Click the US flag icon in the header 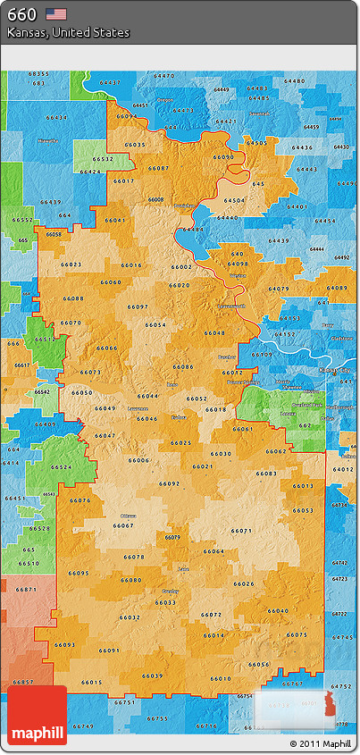click(x=56, y=13)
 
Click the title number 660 click(x=21, y=13)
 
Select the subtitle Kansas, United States click(x=68, y=32)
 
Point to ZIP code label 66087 click(x=158, y=168)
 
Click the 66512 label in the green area click(x=102, y=159)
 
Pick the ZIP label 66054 click(x=155, y=325)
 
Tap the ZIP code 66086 click(x=182, y=367)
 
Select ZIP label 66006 click(x=138, y=460)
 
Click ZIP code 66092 click(x=169, y=483)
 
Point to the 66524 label click(x=62, y=467)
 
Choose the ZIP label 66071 click(x=240, y=531)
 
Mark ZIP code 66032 click(x=130, y=617)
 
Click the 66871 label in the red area click(x=26, y=590)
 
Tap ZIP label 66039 click(x=153, y=675)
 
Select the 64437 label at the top click(x=110, y=82)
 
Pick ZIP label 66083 click(x=265, y=474)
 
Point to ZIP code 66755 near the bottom click(x=157, y=718)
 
